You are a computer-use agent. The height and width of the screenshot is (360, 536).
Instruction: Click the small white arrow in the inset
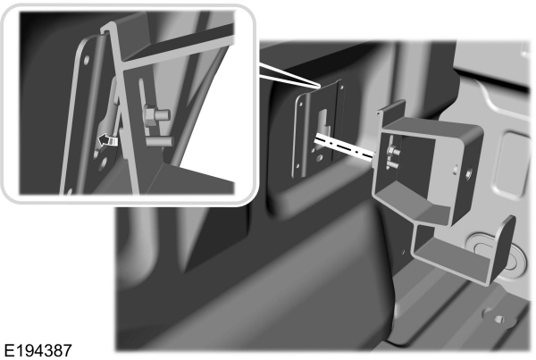point(108,138)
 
